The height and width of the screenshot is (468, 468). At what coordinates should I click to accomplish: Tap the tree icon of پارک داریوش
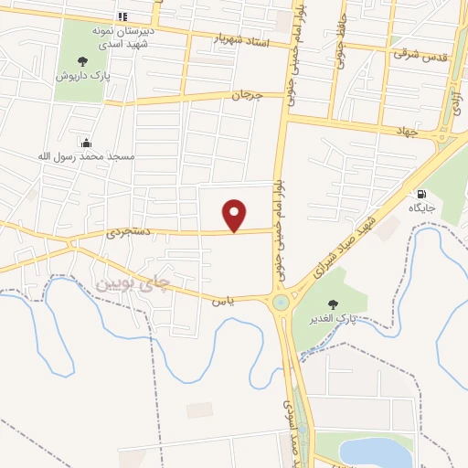[x=83, y=61]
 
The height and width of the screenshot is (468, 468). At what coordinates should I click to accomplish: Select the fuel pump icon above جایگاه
[x=420, y=194]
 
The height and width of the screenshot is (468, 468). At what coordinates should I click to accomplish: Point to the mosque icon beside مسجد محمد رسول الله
[x=86, y=142]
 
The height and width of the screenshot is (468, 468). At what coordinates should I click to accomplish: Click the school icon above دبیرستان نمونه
[x=123, y=17]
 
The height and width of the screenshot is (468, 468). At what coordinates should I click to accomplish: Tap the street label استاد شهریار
[x=243, y=40]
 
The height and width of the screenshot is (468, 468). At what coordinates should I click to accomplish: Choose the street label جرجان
[x=246, y=94]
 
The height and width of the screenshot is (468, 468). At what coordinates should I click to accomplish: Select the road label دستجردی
[x=134, y=235]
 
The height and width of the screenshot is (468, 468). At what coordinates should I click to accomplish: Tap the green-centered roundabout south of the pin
[x=280, y=302]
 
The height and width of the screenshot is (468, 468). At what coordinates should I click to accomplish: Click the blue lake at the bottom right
[x=377, y=452]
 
